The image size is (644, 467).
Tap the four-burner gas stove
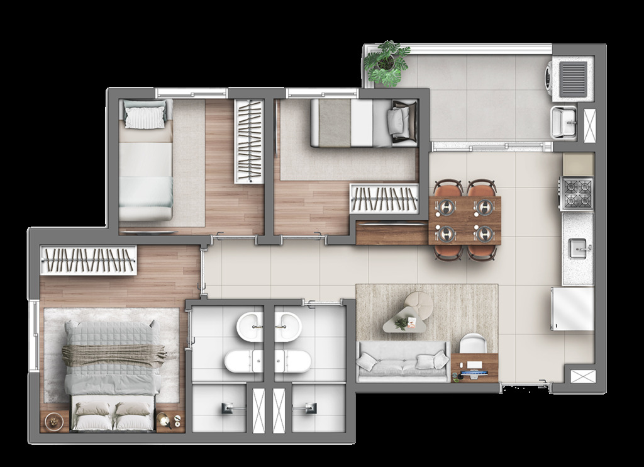click(x=577, y=194)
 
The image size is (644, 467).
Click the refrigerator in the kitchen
click(x=572, y=308)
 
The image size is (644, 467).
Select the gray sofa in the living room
click(x=402, y=363)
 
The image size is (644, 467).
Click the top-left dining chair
click(x=448, y=188)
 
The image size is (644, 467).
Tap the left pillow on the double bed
click(x=93, y=410)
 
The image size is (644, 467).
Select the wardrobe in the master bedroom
click(x=88, y=260)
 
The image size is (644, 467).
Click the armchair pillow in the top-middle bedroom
click(x=398, y=119)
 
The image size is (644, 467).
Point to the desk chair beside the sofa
click(x=473, y=344)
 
